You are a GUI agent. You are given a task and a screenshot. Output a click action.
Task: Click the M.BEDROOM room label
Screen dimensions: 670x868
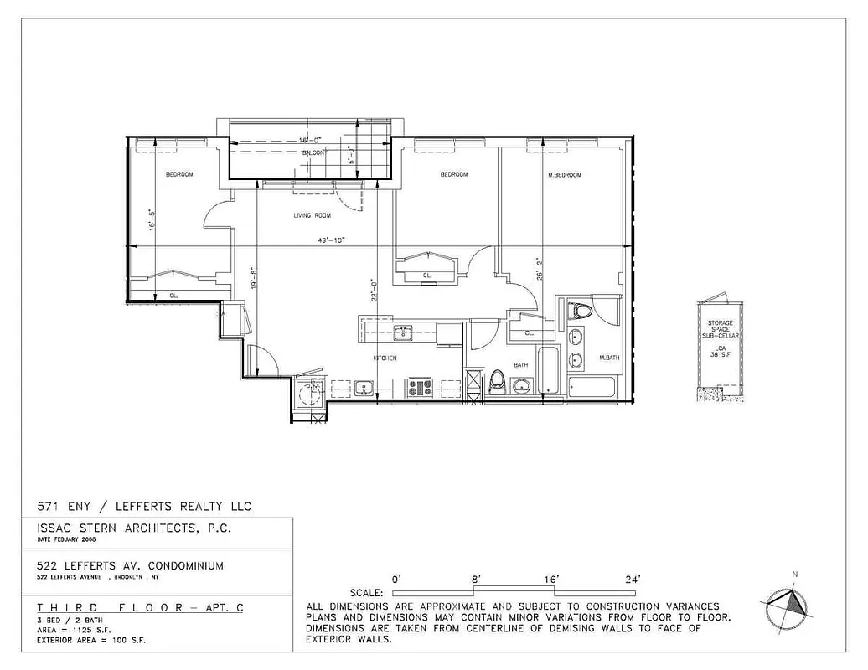click(x=564, y=175)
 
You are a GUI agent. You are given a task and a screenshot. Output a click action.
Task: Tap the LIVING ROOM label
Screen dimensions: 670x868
click(x=312, y=215)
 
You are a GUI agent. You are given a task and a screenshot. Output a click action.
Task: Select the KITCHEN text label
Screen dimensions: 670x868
click(x=385, y=358)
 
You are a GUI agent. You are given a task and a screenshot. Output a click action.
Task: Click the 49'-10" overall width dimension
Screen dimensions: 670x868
click(x=331, y=240)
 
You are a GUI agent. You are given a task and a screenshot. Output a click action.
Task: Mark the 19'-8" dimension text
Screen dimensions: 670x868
click(x=253, y=278)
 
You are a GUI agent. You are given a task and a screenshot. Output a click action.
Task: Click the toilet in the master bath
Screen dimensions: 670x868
click(x=580, y=312)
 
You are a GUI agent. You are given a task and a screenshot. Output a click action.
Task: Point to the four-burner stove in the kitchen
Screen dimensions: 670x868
click(x=419, y=388)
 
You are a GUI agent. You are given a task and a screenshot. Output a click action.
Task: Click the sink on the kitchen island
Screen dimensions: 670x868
click(x=403, y=333)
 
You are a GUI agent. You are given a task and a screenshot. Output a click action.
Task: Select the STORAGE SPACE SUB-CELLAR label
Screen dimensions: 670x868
click(x=720, y=329)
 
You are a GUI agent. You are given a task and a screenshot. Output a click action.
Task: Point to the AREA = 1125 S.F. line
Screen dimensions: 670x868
click(x=74, y=630)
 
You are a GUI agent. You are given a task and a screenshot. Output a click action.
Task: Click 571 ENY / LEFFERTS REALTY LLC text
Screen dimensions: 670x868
click(x=143, y=506)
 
